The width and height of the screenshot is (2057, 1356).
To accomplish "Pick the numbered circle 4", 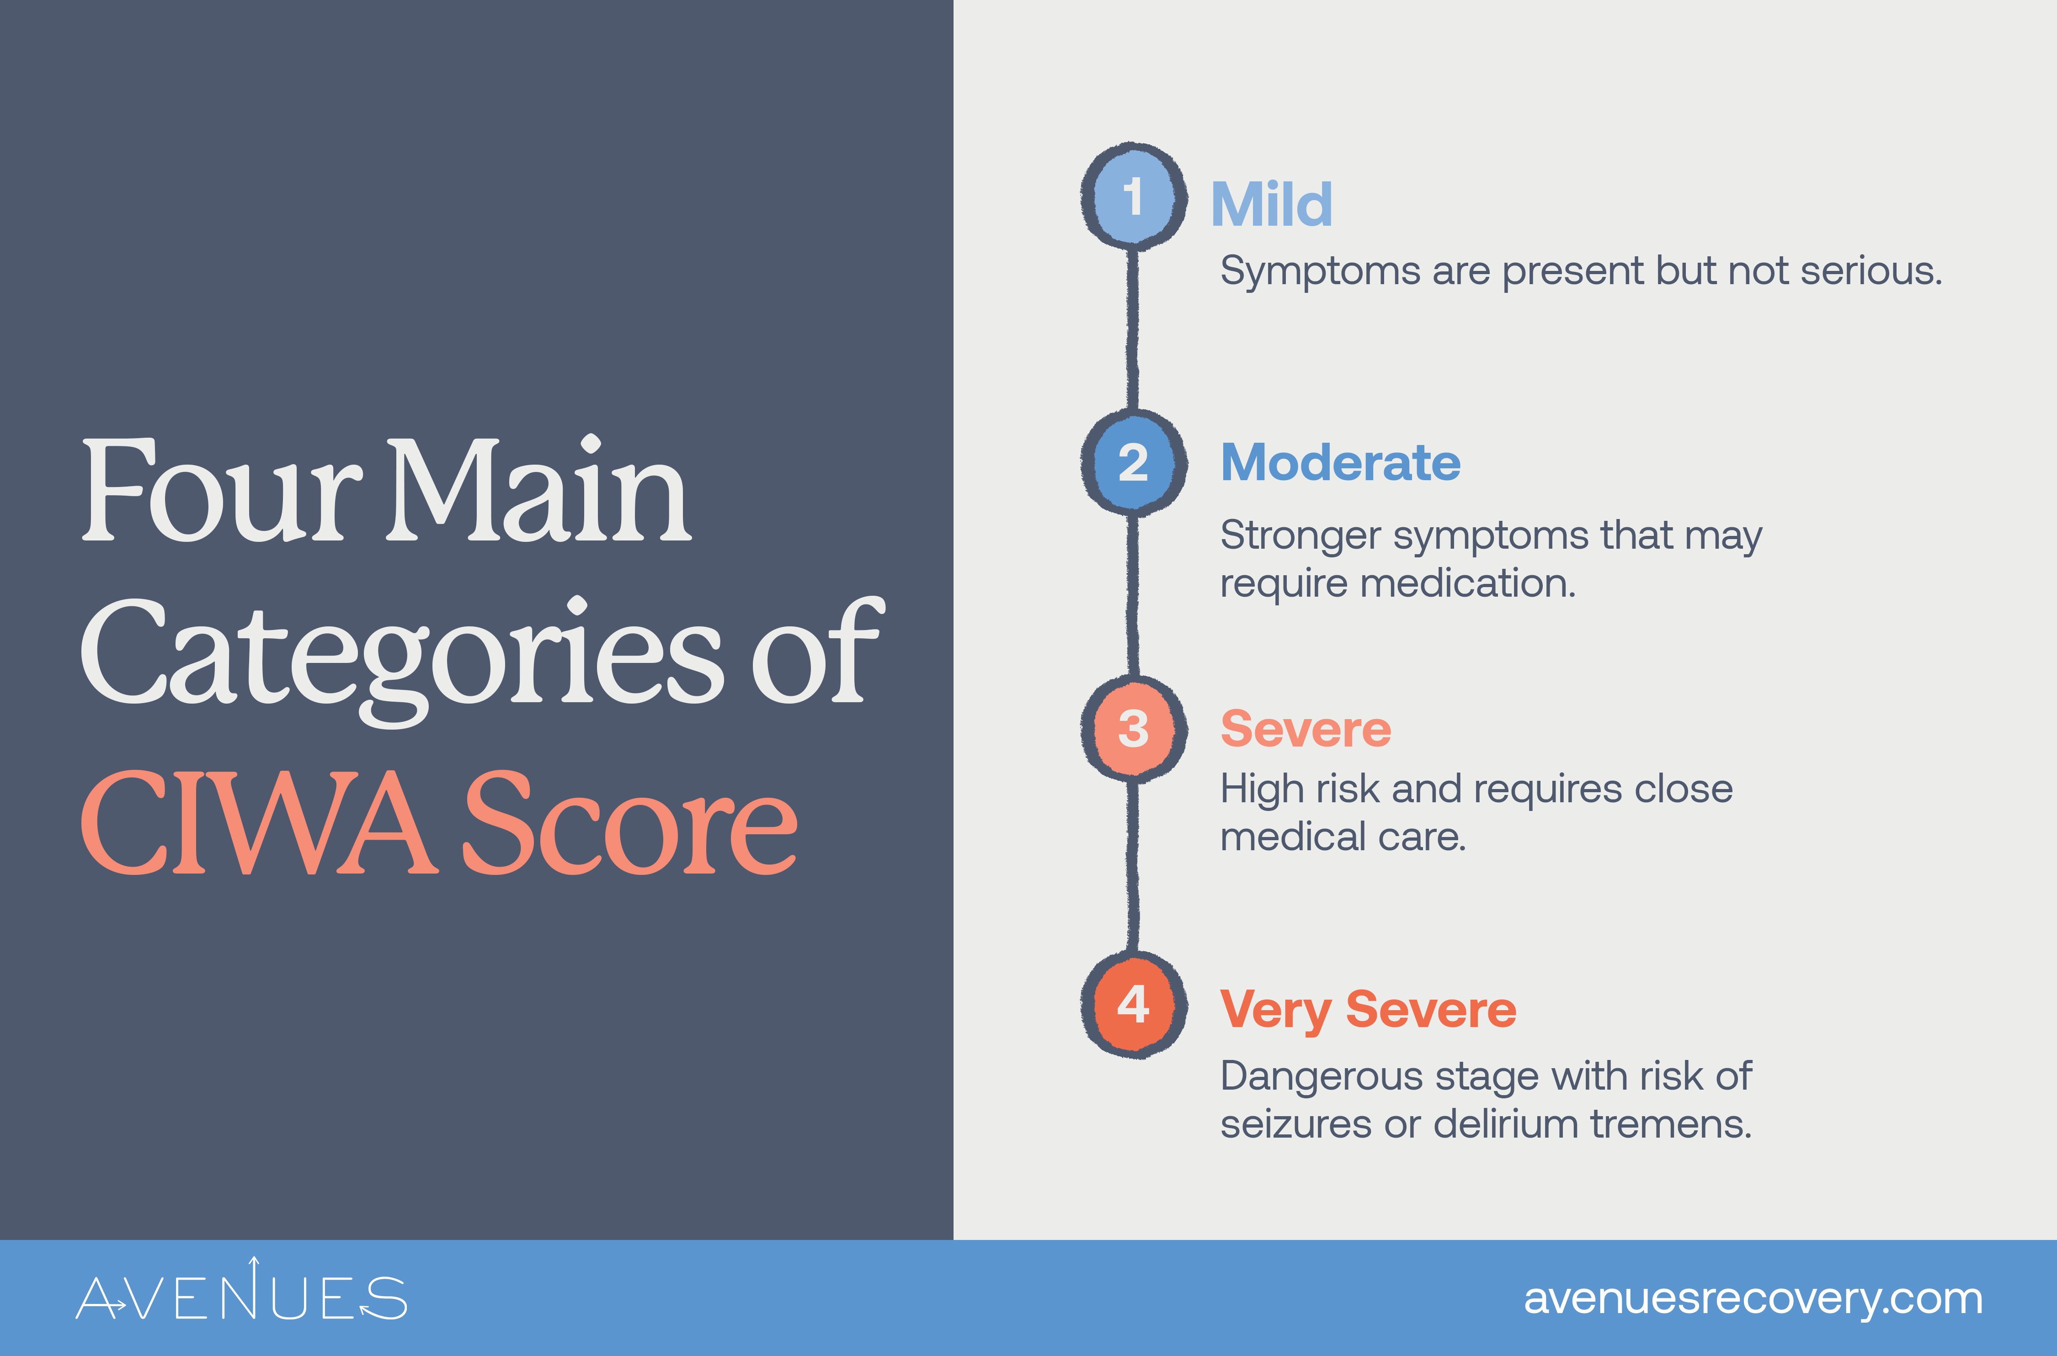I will coord(1132,1005).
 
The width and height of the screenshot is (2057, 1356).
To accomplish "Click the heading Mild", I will coord(1271,205).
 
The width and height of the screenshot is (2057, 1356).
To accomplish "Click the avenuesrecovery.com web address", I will coord(1753,1298).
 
